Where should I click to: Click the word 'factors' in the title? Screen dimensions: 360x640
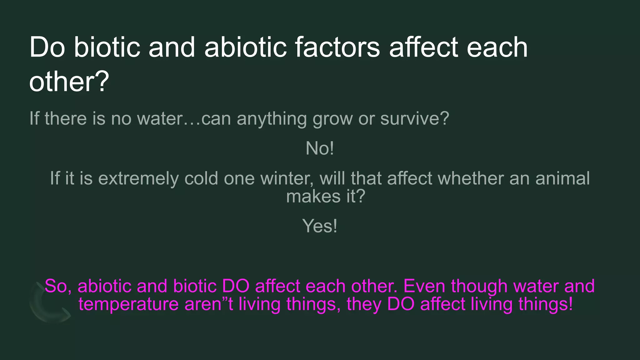click(x=337, y=47)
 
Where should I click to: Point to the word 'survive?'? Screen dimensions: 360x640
click(x=415, y=119)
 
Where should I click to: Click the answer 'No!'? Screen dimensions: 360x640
click(x=320, y=148)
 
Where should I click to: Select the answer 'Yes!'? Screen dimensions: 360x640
click(x=320, y=226)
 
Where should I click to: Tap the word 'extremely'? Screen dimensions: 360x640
click(x=138, y=179)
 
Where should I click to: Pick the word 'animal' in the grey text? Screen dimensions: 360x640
click(x=562, y=179)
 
